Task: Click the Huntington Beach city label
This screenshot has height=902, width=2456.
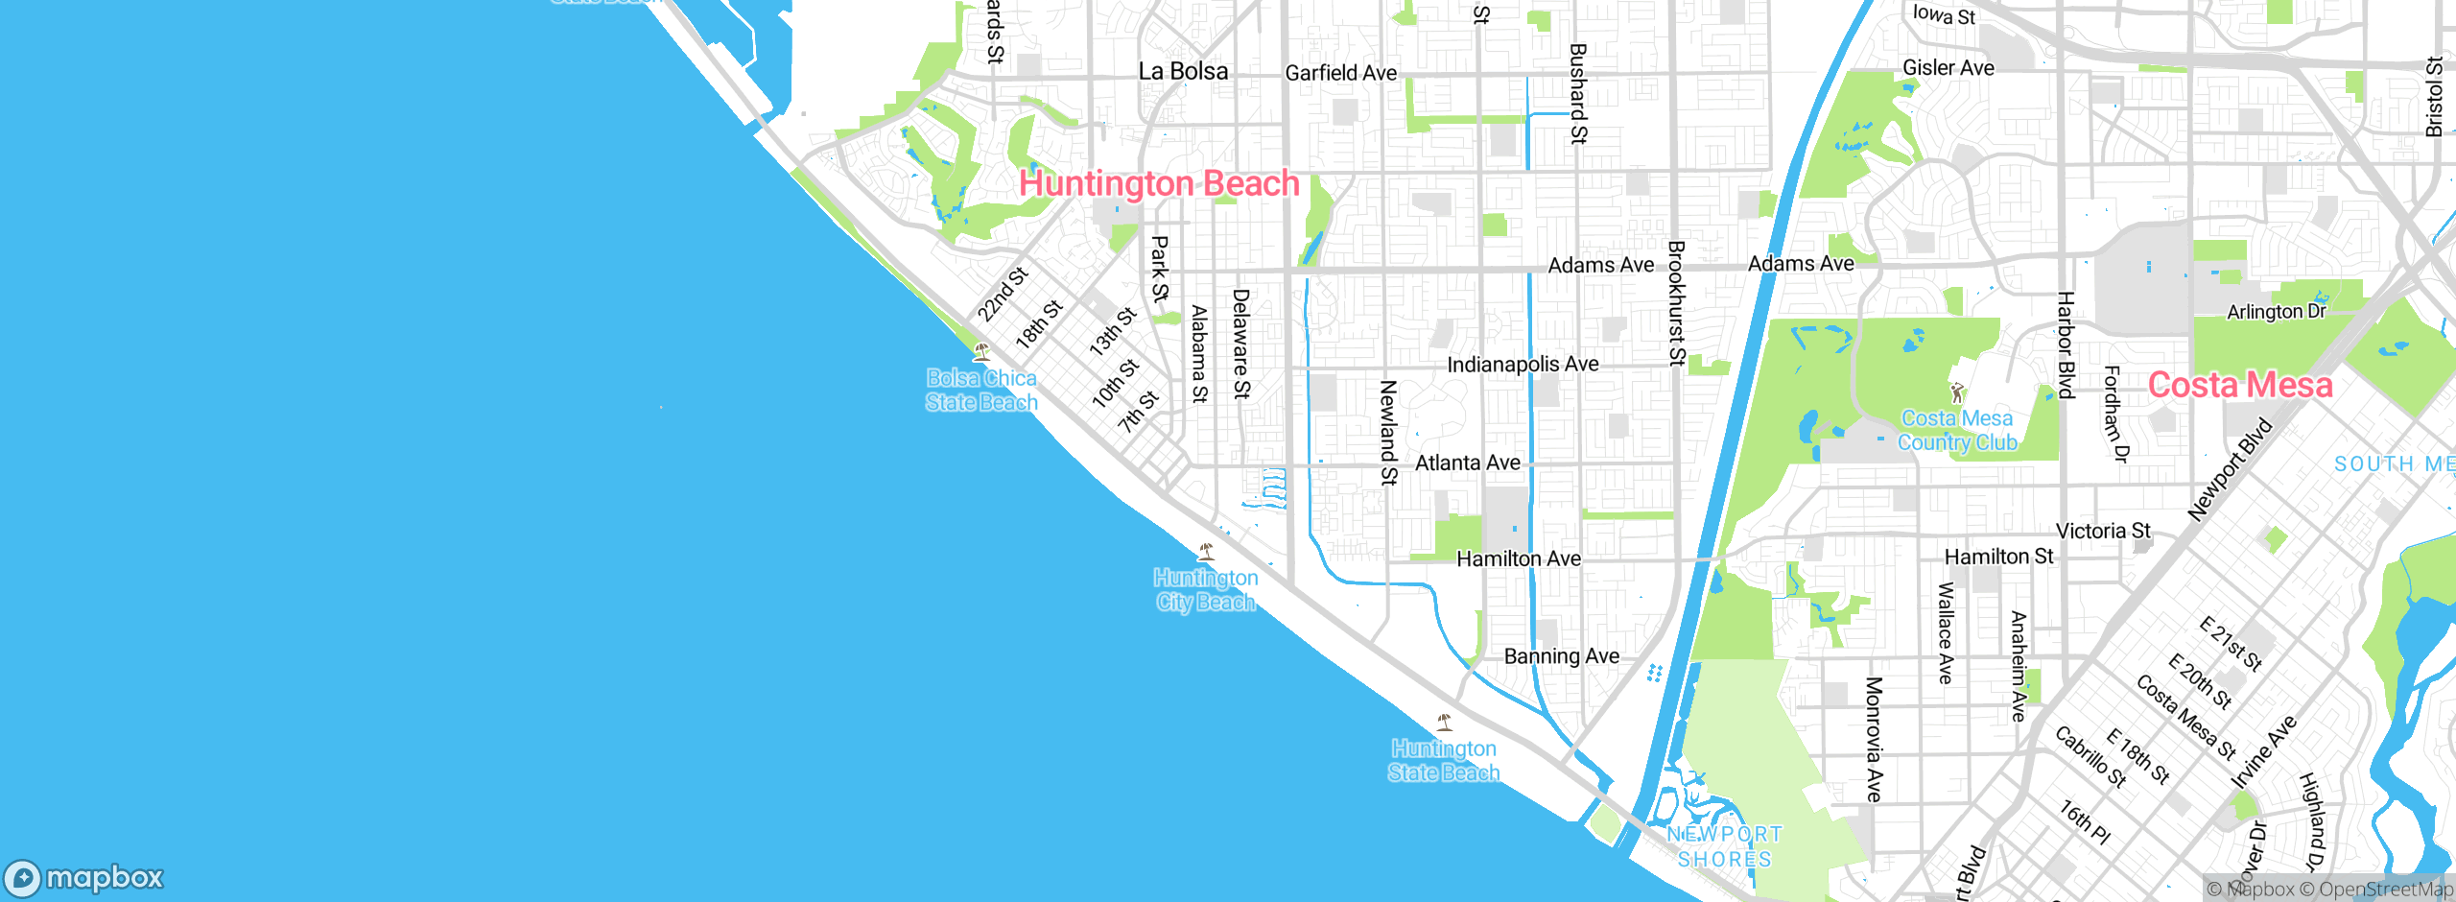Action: (x=1158, y=183)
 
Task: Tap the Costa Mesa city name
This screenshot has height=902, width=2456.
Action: (x=2239, y=385)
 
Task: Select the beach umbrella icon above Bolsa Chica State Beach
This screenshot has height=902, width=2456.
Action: (x=980, y=351)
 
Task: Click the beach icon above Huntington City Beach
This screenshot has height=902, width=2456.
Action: (x=1206, y=551)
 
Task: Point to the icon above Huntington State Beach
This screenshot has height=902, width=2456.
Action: (x=1444, y=722)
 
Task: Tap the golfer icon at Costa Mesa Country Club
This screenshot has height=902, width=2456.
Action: (x=1957, y=392)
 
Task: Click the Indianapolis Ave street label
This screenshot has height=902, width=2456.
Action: (x=1523, y=365)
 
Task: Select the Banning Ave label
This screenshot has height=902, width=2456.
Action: (x=1561, y=656)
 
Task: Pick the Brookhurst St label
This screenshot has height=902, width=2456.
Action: (x=1676, y=303)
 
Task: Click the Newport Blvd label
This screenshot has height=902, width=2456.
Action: (x=2230, y=470)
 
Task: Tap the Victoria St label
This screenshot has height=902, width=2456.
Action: (x=2103, y=531)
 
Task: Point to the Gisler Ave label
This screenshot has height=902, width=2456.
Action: (x=1948, y=68)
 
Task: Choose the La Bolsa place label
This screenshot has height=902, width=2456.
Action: (x=1182, y=71)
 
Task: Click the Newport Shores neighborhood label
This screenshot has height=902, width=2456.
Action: (x=1724, y=846)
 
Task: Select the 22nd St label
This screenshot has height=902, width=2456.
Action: (x=1002, y=294)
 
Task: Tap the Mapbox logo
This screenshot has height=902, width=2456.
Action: (x=84, y=878)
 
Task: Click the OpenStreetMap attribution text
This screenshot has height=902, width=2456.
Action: (x=2383, y=890)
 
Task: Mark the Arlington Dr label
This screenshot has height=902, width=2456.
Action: (x=2276, y=312)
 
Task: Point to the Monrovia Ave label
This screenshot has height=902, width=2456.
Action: (x=1873, y=739)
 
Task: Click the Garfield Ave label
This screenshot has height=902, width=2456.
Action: (x=1340, y=73)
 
